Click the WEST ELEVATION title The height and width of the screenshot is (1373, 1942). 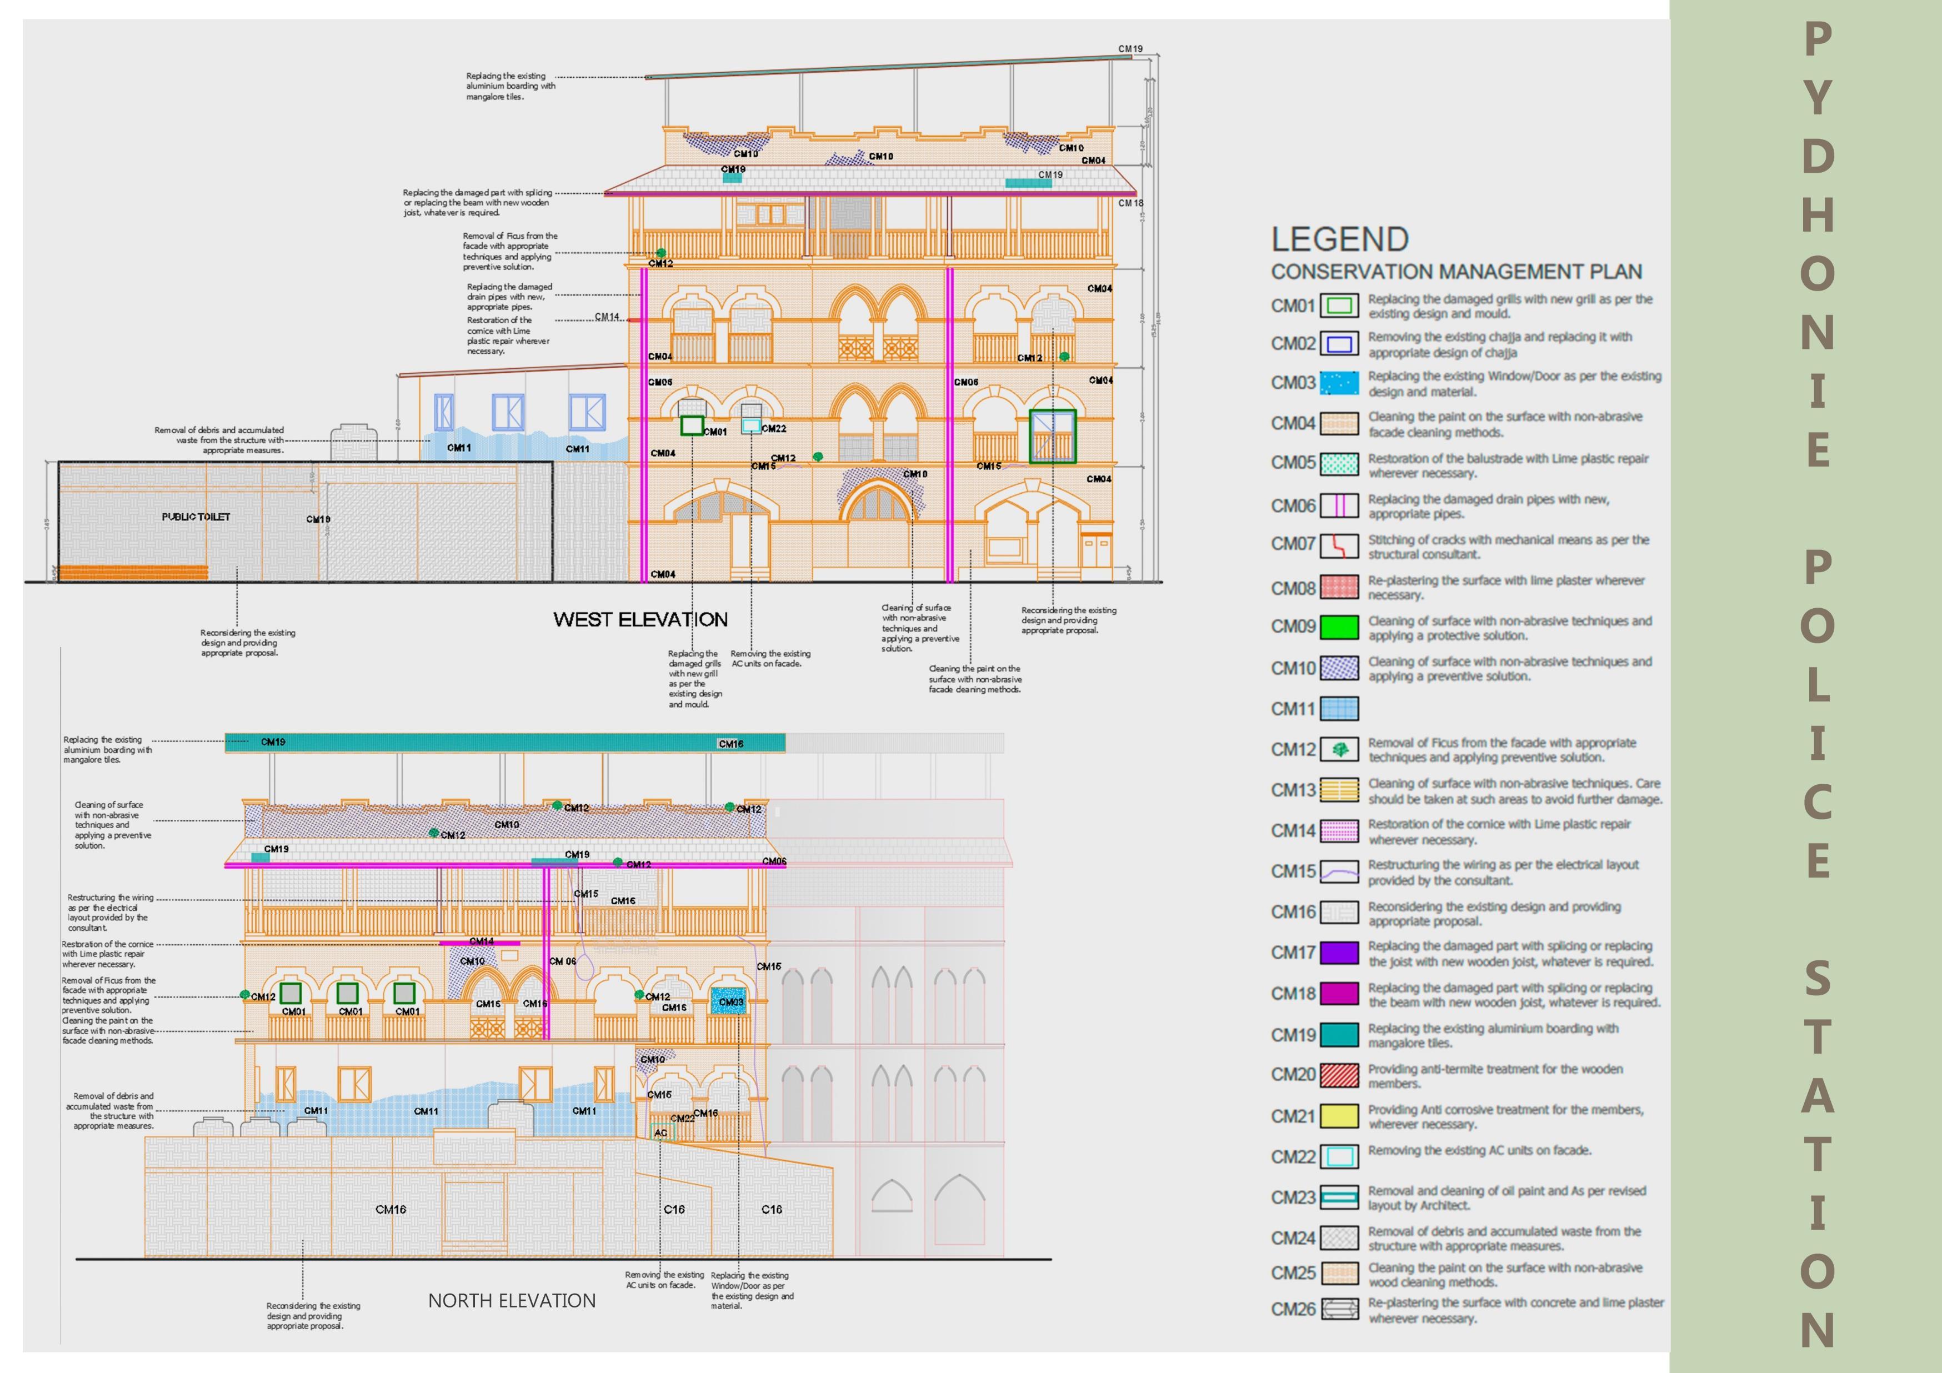tap(640, 619)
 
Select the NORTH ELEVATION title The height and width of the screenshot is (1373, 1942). tap(512, 1300)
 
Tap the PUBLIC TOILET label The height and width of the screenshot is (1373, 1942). tap(196, 517)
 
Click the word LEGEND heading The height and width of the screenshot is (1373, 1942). tap(1340, 239)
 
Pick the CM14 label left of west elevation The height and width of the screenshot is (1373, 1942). tap(607, 317)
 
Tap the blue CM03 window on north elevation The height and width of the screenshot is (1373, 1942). tap(730, 1001)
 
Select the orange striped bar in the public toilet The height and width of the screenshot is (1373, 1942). tap(134, 573)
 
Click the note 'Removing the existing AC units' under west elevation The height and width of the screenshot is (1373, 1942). tap(770, 658)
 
